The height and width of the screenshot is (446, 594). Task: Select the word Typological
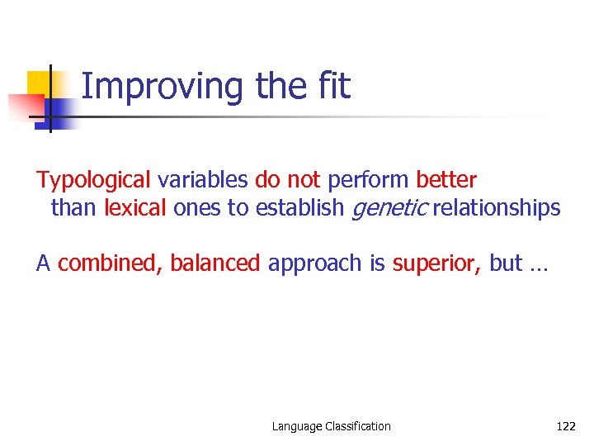click(93, 180)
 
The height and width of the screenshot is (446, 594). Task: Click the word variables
click(202, 179)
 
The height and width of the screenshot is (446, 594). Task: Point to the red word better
click(446, 179)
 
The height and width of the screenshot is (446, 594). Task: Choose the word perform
click(369, 180)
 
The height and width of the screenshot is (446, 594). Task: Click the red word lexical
click(135, 207)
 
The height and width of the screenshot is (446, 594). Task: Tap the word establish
click(299, 207)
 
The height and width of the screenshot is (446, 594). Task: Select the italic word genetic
click(389, 208)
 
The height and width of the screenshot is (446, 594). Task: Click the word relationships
click(497, 207)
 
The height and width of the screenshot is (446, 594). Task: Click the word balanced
click(215, 263)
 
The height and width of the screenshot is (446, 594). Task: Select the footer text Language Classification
click(332, 426)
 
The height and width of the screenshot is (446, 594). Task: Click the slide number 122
click(565, 426)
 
